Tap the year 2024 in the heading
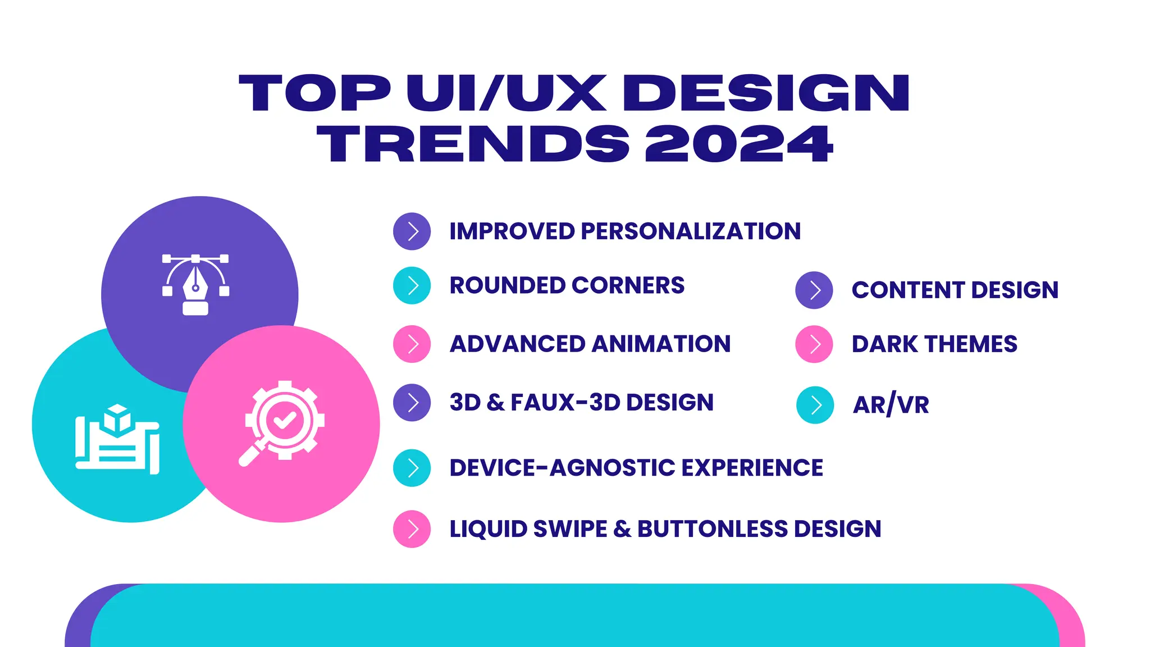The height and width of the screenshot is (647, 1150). coord(738,144)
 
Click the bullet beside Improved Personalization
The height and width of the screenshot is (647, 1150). coord(412,231)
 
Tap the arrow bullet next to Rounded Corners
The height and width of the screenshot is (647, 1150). coord(412,285)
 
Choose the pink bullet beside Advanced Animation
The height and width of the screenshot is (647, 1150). coord(412,344)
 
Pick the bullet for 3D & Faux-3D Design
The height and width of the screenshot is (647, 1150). coord(412,403)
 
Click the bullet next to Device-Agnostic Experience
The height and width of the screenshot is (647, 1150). coord(412,468)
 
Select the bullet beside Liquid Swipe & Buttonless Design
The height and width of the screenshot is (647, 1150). coord(412,529)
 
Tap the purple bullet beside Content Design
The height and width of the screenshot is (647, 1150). coord(814,290)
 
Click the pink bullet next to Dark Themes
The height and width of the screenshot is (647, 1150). coord(814,344)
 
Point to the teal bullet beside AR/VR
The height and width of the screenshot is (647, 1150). coord(815,405)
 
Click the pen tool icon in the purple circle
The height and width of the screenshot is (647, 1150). coord(195,284)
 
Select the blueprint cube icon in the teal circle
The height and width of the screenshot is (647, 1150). coord(118,438)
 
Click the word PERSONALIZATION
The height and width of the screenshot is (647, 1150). coord(691,231)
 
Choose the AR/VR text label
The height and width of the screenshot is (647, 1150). coord(891,405)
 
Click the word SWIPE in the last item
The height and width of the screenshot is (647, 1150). coord(569,529)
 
